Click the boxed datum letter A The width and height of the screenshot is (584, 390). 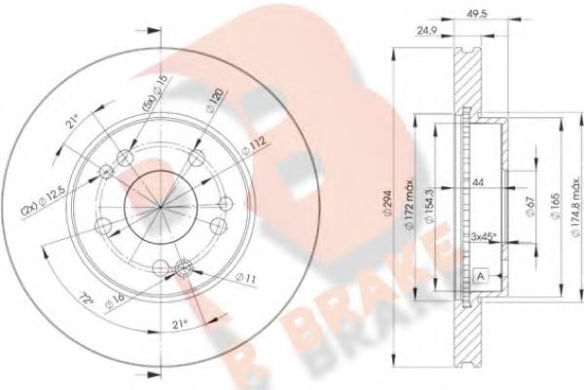481,274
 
